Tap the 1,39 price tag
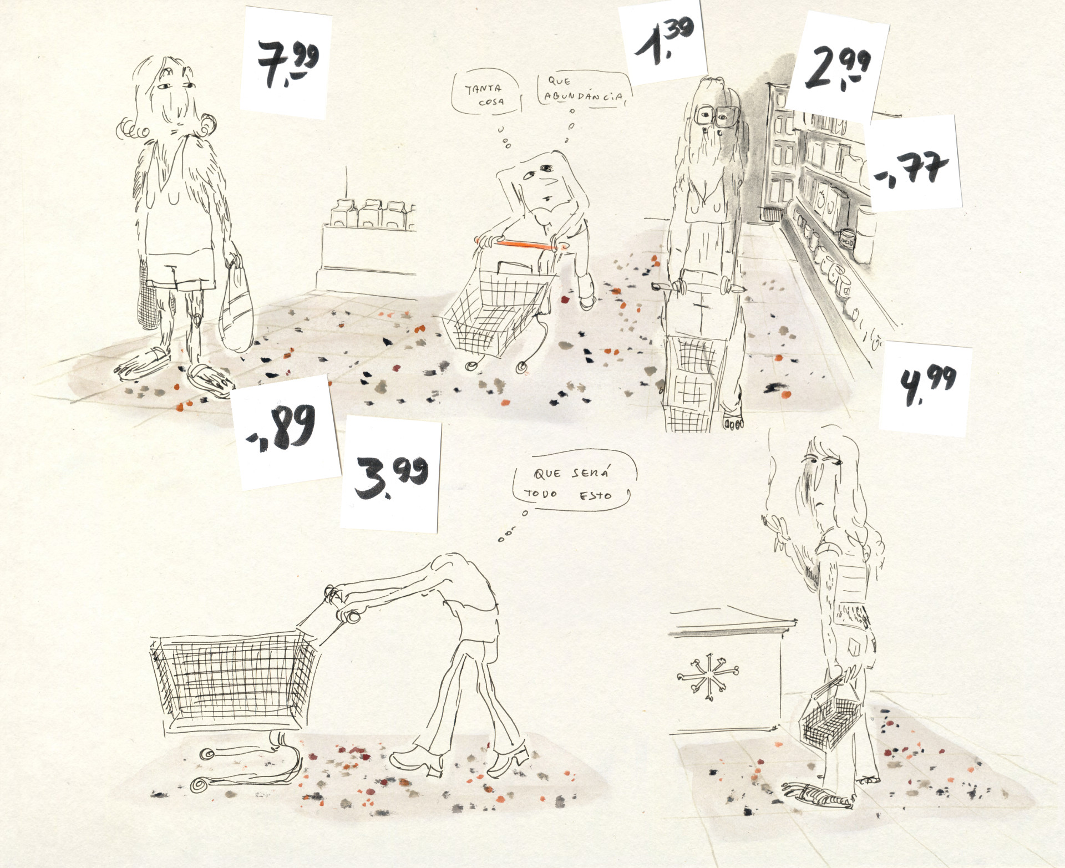click(x=662, y=42)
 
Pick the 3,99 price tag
click(x=392, y=474)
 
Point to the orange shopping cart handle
click(x=520, y=244)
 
